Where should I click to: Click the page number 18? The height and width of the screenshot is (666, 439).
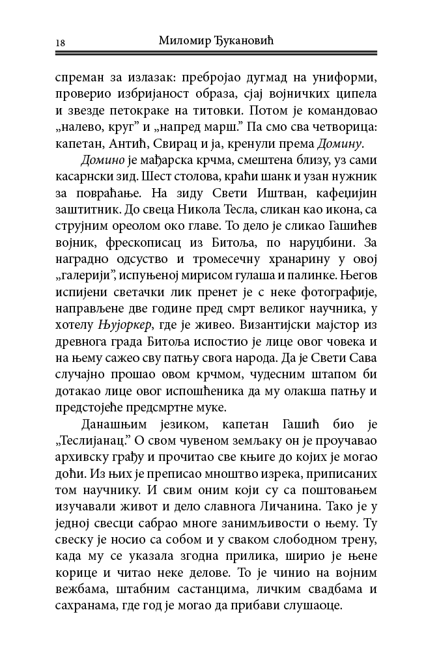[61, 42]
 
